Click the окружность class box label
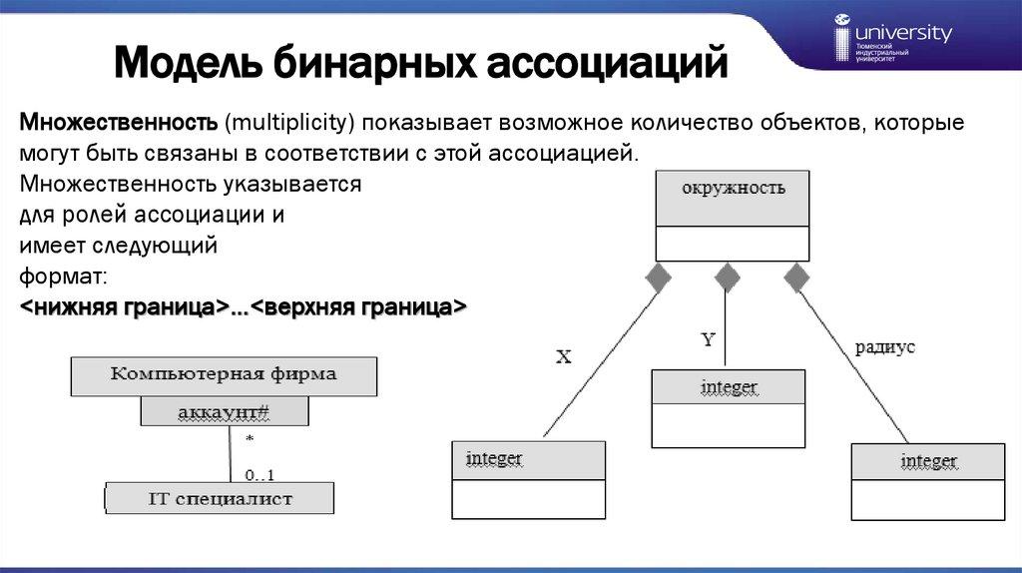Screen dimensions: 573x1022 (732, 189)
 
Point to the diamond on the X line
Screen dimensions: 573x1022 (657, 278)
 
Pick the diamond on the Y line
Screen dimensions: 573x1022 (727, 277)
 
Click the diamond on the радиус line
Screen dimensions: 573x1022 (796, 278)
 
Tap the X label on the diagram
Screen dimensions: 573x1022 (563, 356)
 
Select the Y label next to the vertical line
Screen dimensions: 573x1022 (708, 339)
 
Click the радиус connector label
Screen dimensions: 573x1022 (884, 347)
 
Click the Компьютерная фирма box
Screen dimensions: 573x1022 (224, 375)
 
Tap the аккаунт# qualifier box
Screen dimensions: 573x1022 (225, 410)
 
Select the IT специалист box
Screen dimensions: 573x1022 (220, 497)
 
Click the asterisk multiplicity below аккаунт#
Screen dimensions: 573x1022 (249, 439)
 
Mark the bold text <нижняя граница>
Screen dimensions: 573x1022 (120, 305)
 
